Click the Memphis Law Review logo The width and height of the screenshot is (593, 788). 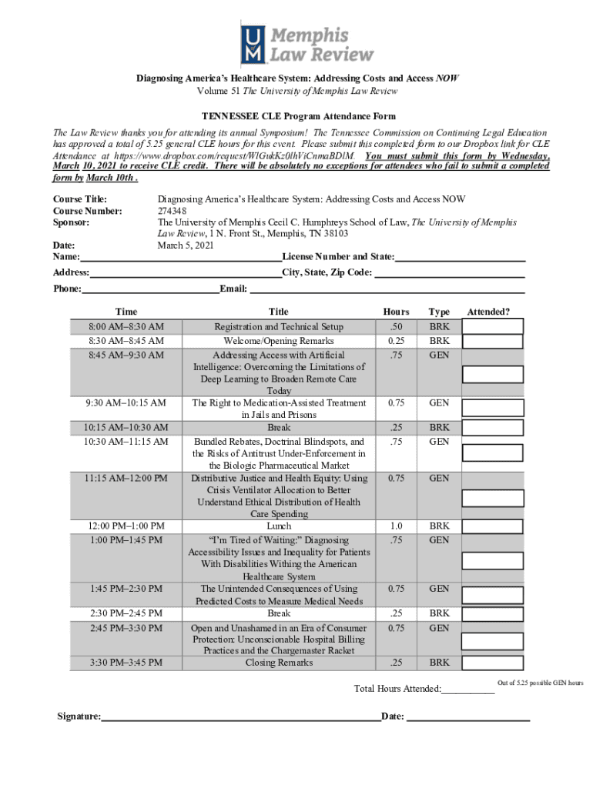(307, 45)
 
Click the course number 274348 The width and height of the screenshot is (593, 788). (172, 211)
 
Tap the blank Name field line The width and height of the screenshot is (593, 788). (181, 257)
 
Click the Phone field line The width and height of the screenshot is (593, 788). (151, 289)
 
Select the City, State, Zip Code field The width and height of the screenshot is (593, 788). (449, 273)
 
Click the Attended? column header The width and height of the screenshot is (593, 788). (487, 312)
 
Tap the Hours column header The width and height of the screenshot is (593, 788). (397, 312)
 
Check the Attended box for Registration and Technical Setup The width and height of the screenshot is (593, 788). (493, 326)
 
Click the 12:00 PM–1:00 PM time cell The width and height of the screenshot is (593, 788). (126, 526)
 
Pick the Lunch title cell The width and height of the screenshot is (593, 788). (279, 526)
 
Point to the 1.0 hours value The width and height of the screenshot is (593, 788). (397, 526)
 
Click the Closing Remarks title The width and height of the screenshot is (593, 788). (279, 663)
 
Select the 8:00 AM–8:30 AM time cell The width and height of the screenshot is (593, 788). (126, 327)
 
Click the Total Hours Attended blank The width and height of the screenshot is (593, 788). (468, 689)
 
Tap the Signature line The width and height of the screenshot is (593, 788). (241, 717)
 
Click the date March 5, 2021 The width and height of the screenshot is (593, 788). (185, 245)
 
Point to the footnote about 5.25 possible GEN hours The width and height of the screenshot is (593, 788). (540, 683)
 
